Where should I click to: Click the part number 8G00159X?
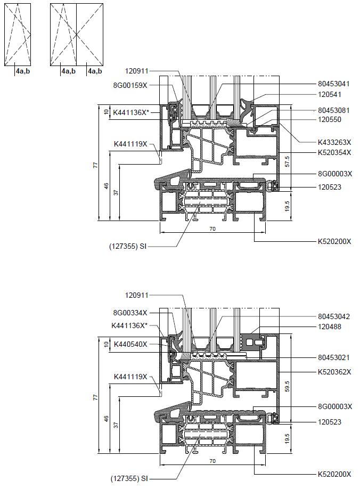130,85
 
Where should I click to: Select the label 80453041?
334,84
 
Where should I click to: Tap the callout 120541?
330,94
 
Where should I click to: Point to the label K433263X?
334,142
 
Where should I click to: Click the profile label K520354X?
334,152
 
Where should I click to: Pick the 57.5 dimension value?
287,161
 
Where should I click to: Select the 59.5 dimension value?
287,386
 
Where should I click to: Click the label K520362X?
334,372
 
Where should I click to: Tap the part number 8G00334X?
130,313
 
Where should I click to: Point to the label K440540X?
130,344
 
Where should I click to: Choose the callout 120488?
330,327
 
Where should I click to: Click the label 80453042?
334,316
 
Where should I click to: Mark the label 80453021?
334,357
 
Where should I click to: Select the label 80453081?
334,110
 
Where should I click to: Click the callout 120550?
330,119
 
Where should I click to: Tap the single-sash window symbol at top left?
18,35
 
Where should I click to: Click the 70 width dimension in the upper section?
212,229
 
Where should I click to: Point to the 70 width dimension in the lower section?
212,461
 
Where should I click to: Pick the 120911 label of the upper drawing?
136,71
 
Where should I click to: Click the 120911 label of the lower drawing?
136,295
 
